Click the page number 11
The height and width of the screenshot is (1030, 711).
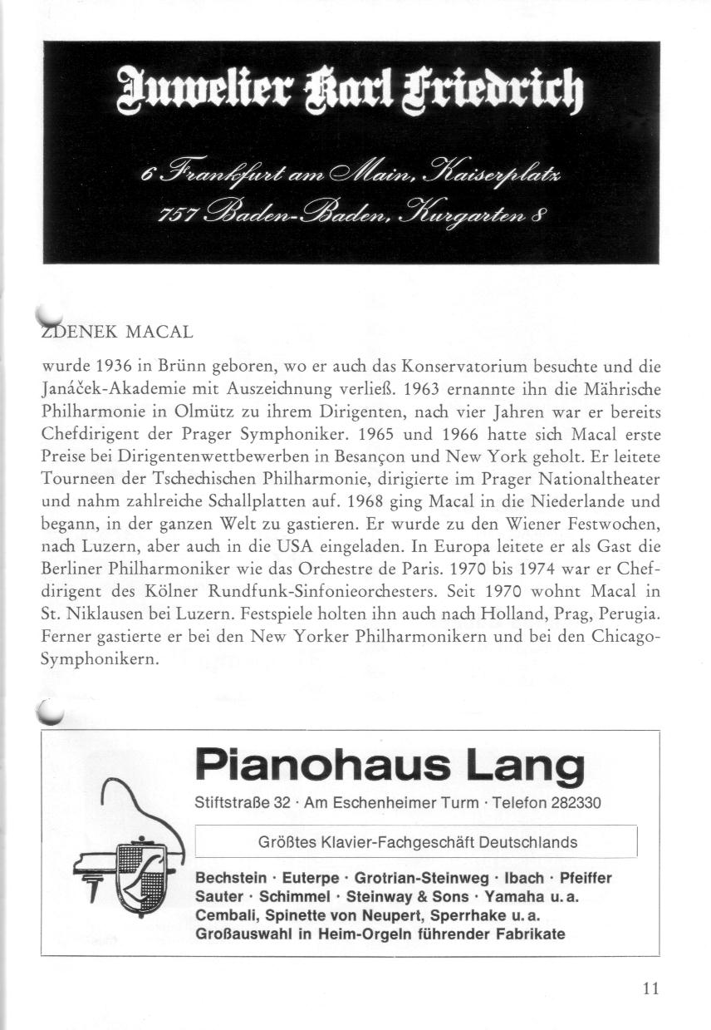click(x=650, y=988)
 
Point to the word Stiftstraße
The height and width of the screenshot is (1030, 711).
click(x=232, y=803)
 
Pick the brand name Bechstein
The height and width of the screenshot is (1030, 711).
click(x=231, y=878)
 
